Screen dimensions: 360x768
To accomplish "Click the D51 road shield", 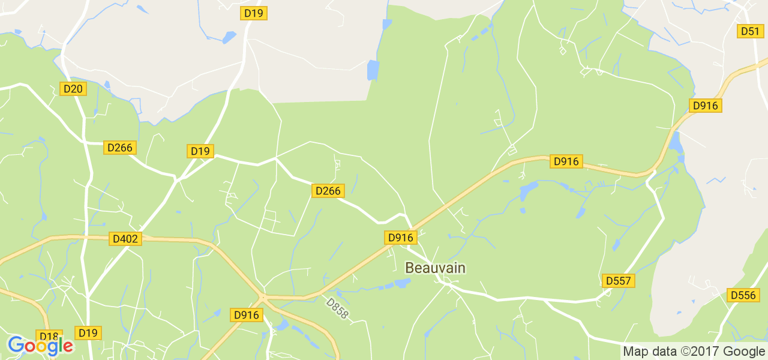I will tap(750, 31).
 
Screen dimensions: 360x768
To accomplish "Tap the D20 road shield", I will tap(74, 89).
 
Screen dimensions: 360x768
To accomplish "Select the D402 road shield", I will tap(125, 239).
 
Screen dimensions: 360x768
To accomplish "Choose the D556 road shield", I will tap(742, 295).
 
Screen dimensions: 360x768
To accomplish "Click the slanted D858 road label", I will tap(337, 308).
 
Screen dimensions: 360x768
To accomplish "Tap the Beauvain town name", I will tap(435, 268).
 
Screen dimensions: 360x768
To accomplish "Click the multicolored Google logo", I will tap(40, 346).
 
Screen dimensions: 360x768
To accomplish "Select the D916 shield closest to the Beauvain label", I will tap(400, 238).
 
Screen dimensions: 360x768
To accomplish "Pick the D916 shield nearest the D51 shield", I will tap(705, 106).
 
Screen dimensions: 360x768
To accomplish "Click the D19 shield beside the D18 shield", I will tap(88, 333).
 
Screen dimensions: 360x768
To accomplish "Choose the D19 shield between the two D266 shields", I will tap(200, 151).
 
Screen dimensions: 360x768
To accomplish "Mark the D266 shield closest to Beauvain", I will tap(328, 191).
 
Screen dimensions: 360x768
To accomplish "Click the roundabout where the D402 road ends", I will tap(262, 296).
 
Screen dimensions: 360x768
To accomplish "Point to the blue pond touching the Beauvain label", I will tap(402, 283).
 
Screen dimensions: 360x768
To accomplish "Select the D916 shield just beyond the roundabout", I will tap(247, 315).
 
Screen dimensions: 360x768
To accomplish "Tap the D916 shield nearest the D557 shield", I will tap(566, 161).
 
